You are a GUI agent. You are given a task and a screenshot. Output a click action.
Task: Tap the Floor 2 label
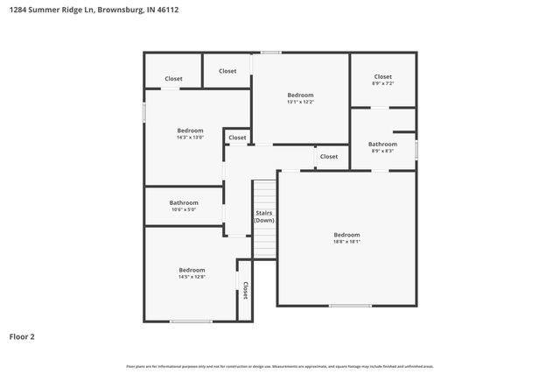[x=22, y=336]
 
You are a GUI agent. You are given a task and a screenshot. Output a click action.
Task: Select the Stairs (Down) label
[x=264, y=217]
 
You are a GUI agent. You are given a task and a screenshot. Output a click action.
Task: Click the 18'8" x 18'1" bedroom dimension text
[x=346, y=242]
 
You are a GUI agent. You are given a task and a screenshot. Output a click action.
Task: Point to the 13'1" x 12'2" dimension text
[x=300, y=102]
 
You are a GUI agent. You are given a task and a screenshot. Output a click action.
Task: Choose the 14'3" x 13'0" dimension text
[x=190, y=138]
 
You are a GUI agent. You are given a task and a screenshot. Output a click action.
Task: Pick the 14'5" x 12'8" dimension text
[x=192, y=277]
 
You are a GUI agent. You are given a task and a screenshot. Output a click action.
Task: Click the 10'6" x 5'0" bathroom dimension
[x=183, y=209]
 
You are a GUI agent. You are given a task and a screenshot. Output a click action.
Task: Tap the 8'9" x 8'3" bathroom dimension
[x=382, y=151]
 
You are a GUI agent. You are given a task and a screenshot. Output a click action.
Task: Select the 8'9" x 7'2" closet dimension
[x=383, y=83]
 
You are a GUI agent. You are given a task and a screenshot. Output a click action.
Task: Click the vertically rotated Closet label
[x=246, y=290]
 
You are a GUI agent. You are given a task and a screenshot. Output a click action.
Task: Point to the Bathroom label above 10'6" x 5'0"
[x=183, y=202]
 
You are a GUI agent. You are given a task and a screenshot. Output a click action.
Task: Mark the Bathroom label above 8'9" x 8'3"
[x=382, y=144]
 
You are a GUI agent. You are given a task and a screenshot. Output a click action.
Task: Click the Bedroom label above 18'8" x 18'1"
[x=346, y=235]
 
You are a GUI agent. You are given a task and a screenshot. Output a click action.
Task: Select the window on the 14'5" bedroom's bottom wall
[x=190, y=321]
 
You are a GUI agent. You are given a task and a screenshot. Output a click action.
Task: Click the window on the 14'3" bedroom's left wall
[x=145, y=113]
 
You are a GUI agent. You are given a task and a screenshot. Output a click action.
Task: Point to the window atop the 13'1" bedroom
[x=271, y=53]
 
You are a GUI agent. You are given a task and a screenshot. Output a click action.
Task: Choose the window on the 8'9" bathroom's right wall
[x=416, y=149]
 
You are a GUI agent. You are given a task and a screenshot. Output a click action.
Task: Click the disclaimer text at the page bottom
[x=280, y=366]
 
